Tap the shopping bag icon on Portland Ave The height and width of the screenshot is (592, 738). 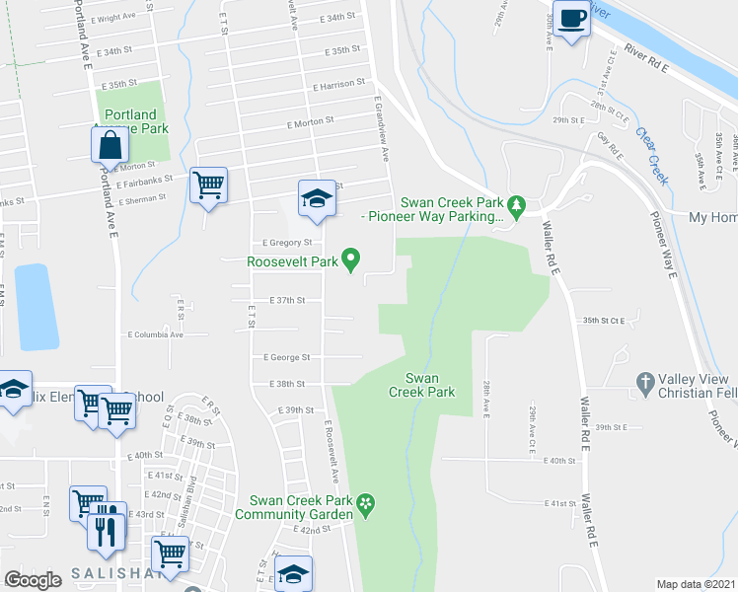[x=110, y=145]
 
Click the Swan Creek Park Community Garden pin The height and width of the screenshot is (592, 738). [x=366, y=505]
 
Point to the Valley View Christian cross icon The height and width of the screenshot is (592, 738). [x=645, y=381]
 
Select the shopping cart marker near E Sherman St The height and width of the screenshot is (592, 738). [x=208, y=184]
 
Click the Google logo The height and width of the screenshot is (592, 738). [x=33, y=580]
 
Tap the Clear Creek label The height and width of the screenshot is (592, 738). [x=653, y=157]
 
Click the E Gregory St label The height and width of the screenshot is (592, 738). [x=287, y=242]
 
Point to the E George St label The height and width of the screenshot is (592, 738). [x=286, y=357]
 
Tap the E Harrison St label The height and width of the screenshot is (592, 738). [x=339, y=86]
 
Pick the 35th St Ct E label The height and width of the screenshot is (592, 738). [x=605, y=321]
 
